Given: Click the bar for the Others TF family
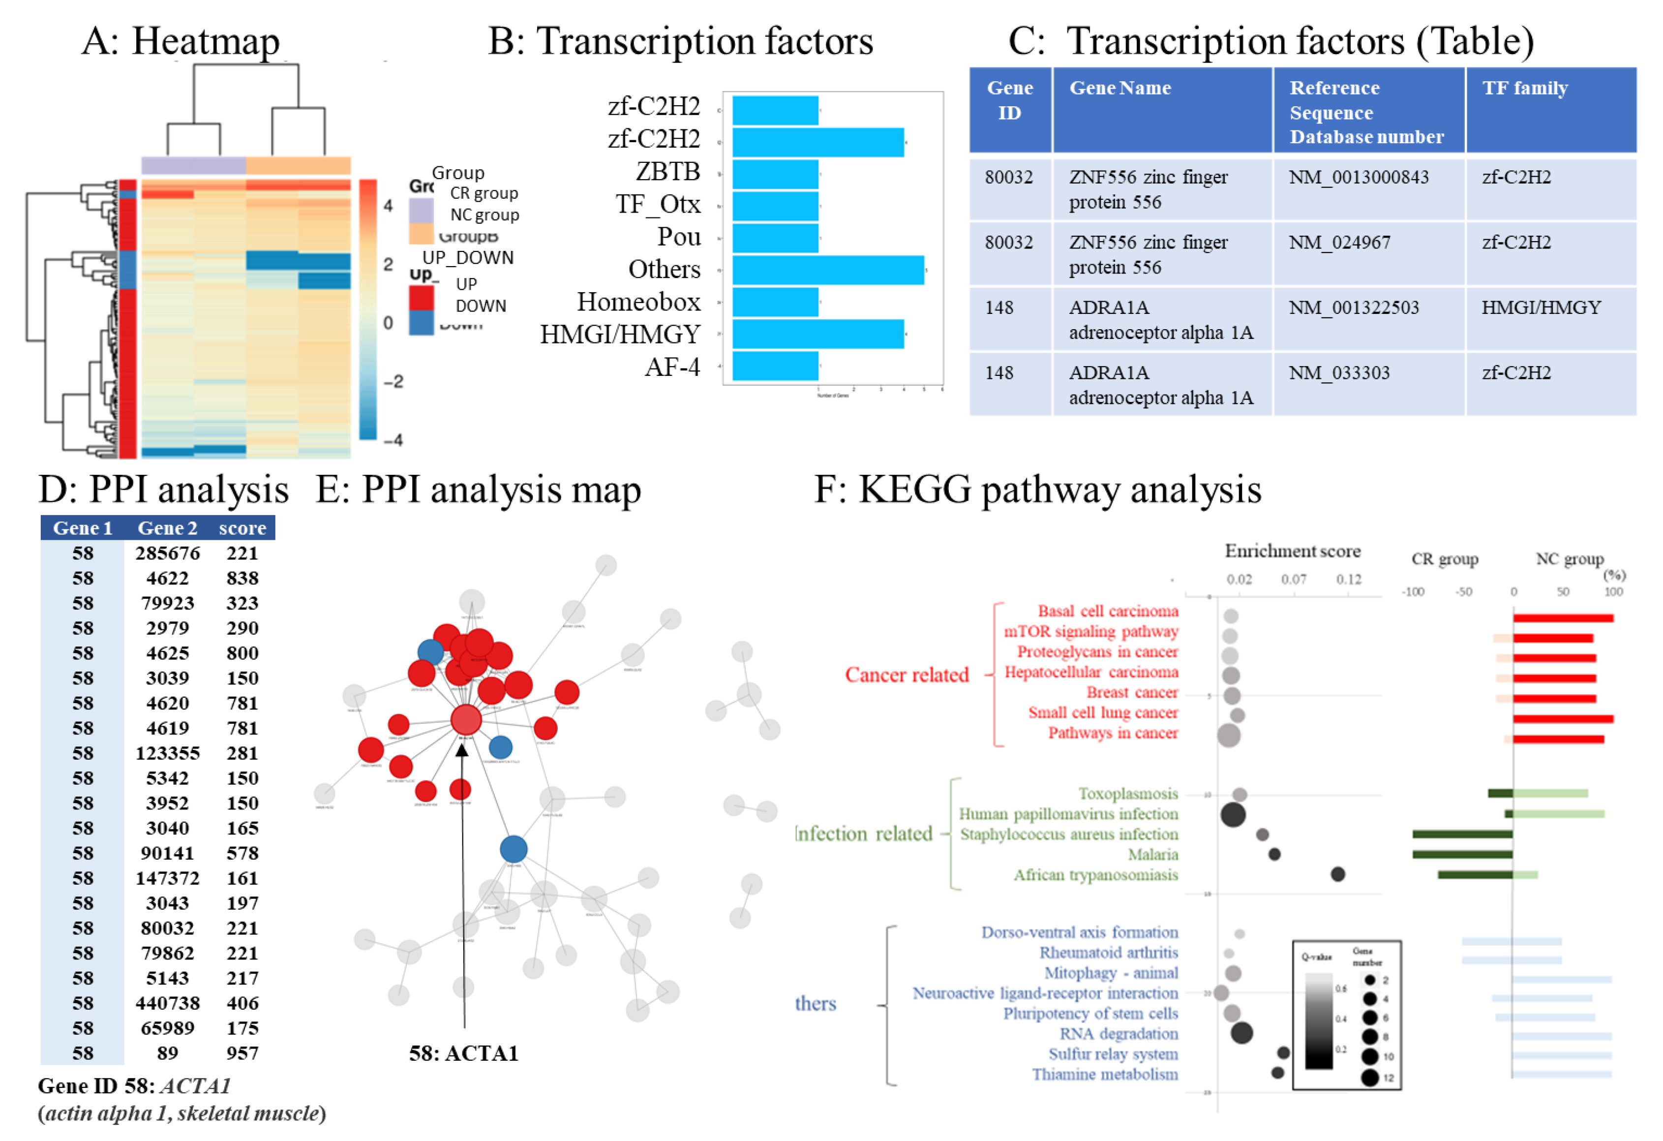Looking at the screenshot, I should [827, 270].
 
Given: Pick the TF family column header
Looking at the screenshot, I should [1524, 88].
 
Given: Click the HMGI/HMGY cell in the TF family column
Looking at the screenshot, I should [1541, 308].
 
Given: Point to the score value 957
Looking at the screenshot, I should [242, 1052].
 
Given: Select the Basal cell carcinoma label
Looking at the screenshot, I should [1107, 611].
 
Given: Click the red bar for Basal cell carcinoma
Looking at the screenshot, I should [1562, 618].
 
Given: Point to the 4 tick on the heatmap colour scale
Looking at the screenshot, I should [388, 206].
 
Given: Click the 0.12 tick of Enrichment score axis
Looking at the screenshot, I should [1348, 579].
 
